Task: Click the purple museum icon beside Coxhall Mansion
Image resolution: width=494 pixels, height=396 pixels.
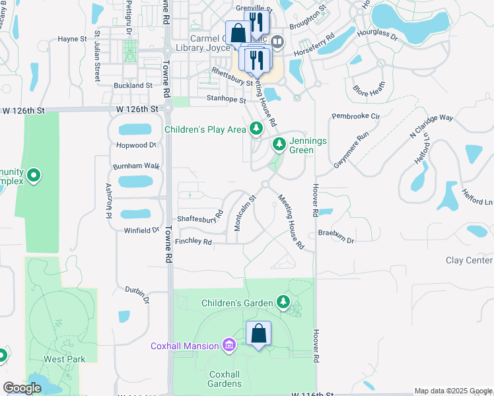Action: coord(229,345)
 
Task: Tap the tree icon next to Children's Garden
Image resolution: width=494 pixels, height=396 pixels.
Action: coord(283,302)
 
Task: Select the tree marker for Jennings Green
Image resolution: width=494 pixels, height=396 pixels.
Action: coord(279,143)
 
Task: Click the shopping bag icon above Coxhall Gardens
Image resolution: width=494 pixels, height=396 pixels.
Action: coord(258,333)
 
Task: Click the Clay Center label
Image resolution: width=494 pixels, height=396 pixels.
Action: coord(469,261)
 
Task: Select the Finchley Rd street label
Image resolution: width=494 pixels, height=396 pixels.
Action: coord(194,242)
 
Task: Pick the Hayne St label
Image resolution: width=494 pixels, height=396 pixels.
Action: coord(73,39)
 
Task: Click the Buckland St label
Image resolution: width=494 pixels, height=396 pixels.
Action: coord(133,86)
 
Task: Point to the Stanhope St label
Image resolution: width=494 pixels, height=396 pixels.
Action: coord(227,100)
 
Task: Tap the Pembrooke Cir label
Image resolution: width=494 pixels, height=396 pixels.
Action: coord(357,116)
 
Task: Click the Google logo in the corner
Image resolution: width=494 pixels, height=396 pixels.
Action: coord(22,389)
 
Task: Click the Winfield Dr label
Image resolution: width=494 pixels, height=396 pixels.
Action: coord(142,230)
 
